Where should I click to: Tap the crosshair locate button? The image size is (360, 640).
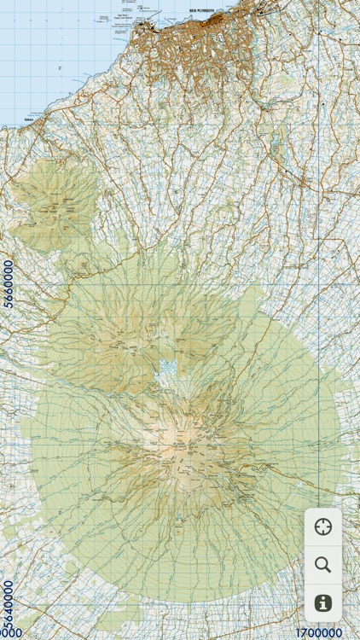click(323, 527)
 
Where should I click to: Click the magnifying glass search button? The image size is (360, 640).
click(323, 564)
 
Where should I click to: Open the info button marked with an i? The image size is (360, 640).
click(323, 602)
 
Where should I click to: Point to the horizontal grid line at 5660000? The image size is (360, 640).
click(171, 283)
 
